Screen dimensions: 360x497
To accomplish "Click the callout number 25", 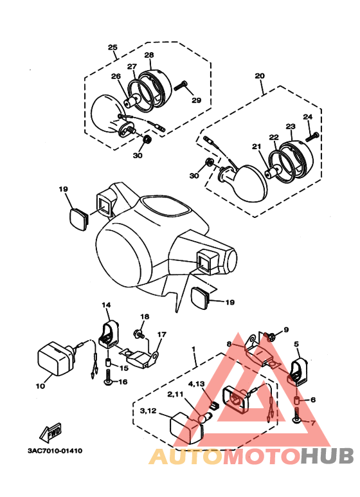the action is click(113, 47).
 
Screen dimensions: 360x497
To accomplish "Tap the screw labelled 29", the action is click(180, 86).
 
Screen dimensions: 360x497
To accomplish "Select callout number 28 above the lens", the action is click(149, 55).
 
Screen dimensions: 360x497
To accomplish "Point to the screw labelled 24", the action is click(312, 137).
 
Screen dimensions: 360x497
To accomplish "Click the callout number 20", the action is click(260, 76).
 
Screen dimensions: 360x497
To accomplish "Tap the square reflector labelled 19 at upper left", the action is click(78, 219).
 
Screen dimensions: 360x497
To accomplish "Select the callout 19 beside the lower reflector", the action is click(230, 302).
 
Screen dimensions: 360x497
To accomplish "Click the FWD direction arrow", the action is click(51, 432).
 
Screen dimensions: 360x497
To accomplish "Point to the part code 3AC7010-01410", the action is click(55, 451).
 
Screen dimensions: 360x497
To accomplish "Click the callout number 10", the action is click(40, 386).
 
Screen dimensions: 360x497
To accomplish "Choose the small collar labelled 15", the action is click(108, 362).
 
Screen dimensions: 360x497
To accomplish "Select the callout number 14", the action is click(107, 305).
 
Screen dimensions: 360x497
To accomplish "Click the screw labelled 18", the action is click(139, 333).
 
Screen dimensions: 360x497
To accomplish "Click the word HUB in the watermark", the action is click(327, 456).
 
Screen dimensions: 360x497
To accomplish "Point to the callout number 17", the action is click(161, 334).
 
